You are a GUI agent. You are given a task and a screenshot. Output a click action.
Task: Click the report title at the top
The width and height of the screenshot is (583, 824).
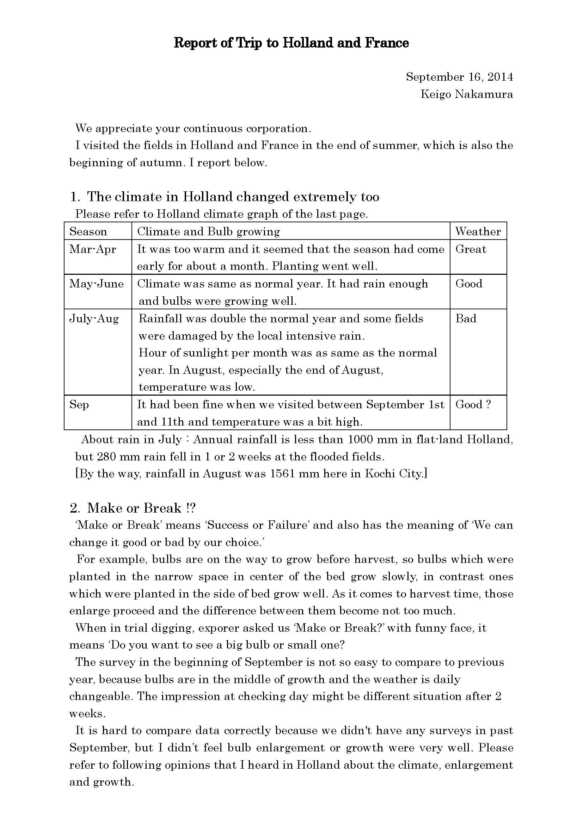(x=291, y=43)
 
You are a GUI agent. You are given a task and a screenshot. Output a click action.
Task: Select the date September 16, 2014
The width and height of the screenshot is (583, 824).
(x=459, y=77)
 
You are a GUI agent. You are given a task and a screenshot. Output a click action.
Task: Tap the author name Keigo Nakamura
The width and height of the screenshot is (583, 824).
(x=466, y=94)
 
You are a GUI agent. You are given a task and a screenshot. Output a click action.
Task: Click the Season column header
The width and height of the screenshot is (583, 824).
(x=88, y=231)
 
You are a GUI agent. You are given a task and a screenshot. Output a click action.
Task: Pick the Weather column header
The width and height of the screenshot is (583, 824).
(x=478, y=231)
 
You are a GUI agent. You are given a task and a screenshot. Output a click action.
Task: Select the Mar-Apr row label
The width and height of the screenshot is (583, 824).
(x=93, y=249)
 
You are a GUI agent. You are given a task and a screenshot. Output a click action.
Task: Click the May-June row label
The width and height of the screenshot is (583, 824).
(x=96, y=284)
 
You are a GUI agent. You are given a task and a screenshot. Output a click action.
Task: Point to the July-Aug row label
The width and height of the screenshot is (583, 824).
(x=94, y=319)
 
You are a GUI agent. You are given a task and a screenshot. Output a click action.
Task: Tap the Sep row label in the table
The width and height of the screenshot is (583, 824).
(x=79, y=405)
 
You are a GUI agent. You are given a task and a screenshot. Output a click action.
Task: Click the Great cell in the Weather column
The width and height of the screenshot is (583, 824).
(x=471, y=249)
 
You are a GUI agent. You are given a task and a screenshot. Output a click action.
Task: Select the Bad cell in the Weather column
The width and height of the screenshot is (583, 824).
(x=466, y=319)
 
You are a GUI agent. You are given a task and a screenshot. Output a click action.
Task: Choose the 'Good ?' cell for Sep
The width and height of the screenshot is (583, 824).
(x=473, y=405)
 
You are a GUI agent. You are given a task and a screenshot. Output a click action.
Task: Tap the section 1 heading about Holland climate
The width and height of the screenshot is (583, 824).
(x=225, y=197)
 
